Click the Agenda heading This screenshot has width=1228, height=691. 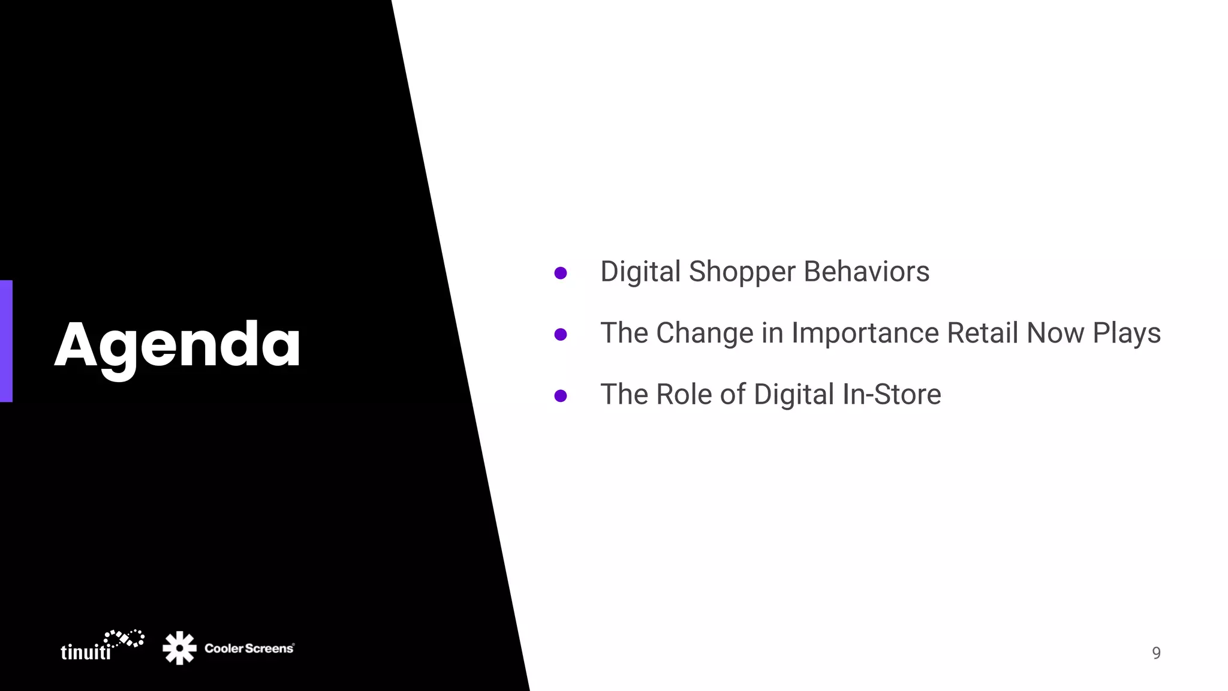177,345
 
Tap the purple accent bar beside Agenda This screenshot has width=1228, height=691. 6,341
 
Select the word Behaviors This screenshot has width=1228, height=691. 866,272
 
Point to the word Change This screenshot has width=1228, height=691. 705,333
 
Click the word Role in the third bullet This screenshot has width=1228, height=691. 684,395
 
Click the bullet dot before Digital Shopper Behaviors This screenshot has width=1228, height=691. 561,273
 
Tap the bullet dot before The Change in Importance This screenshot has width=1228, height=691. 561,334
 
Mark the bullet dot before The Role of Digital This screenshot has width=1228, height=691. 561,396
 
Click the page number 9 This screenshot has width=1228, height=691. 1156,653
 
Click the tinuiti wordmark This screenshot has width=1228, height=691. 86,652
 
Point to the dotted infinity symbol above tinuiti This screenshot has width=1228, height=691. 124,638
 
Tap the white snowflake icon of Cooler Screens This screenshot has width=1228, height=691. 179,648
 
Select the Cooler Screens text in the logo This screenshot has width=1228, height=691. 249,648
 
